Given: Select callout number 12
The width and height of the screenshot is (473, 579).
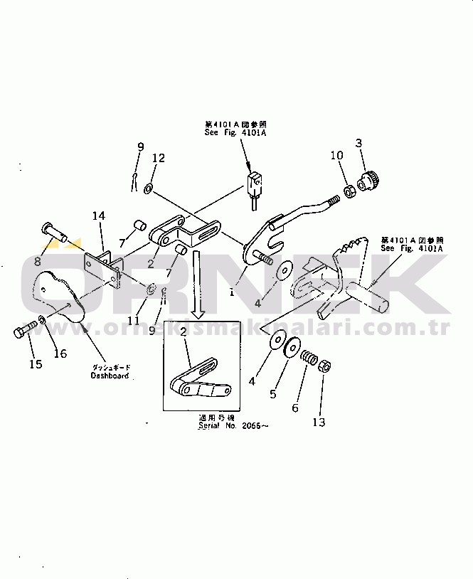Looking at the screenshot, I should pos(158,158).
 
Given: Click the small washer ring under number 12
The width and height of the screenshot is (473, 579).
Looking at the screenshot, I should pos(147,188).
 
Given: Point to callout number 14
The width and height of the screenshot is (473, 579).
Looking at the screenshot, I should pos(98,215).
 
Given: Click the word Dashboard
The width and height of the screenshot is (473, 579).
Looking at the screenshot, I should pos(110,375).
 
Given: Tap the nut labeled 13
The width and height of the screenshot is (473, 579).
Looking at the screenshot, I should pos(321,367).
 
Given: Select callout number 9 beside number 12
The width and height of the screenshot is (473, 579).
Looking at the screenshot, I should pos(140,147).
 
